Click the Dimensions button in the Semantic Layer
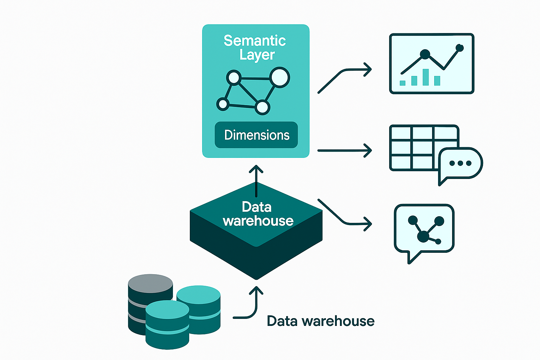[256, 135]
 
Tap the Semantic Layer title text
[255, 47]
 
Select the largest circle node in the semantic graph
[279, 77]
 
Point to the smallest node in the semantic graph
[223, 104]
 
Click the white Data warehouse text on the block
[257, 214]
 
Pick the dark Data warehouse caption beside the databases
[320, 321]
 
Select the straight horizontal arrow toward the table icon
[345, 150]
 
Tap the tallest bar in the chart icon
[426, 77]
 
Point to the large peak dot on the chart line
[425, 54]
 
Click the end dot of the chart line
[459, 48]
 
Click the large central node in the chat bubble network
[423, 237]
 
